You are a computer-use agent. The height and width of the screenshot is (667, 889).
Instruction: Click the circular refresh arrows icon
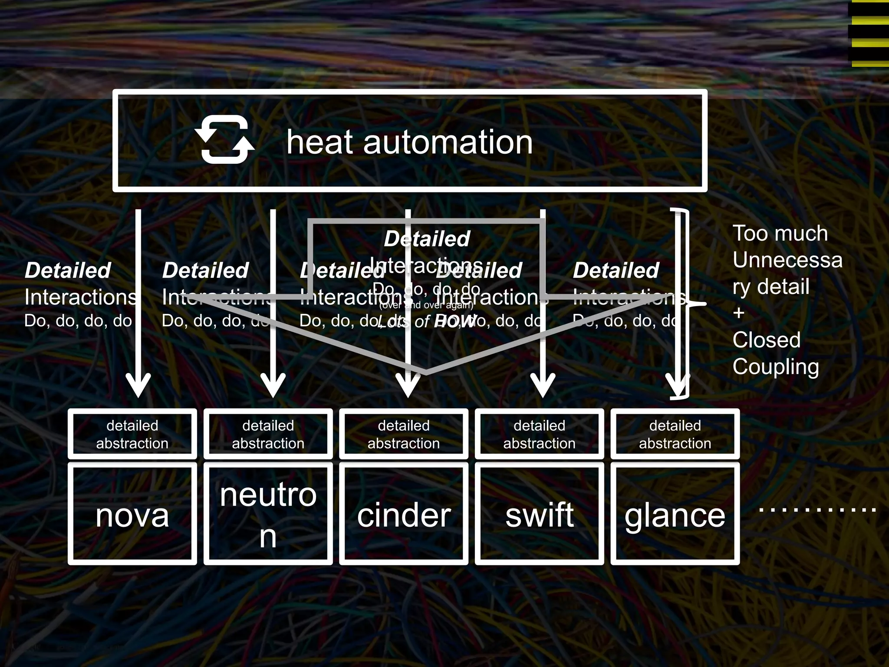coord(224,140)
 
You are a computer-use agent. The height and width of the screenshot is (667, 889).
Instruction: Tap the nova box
coord(132,514)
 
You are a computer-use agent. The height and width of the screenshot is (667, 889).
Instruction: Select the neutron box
coord(268,514)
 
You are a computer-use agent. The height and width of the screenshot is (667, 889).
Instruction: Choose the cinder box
coord(404,514)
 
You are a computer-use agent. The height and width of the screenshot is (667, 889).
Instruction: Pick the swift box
coord(539,514)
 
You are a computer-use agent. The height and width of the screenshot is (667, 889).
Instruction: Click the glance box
coord(675,514)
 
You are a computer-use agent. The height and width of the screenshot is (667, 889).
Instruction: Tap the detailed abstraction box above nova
coord(132,434)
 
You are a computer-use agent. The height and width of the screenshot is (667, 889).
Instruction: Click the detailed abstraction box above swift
coord(539,434)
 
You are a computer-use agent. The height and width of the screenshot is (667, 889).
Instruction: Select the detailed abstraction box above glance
coord(675,434)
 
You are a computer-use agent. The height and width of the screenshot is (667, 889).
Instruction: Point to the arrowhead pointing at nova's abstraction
coord(138,386)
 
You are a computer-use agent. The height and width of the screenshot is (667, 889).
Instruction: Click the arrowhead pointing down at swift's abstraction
coord(543,386)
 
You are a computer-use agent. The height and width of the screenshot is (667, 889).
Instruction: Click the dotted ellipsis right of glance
coord(817,509)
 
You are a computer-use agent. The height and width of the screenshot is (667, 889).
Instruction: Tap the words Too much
coord(780,234)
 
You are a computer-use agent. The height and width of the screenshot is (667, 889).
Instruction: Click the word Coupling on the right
coord(776,367)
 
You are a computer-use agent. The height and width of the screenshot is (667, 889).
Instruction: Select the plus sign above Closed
coord(739,313)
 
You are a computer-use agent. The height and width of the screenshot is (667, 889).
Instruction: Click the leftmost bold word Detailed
coord(68,271)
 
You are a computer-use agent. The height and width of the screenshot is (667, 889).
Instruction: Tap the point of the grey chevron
coord(425,373)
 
